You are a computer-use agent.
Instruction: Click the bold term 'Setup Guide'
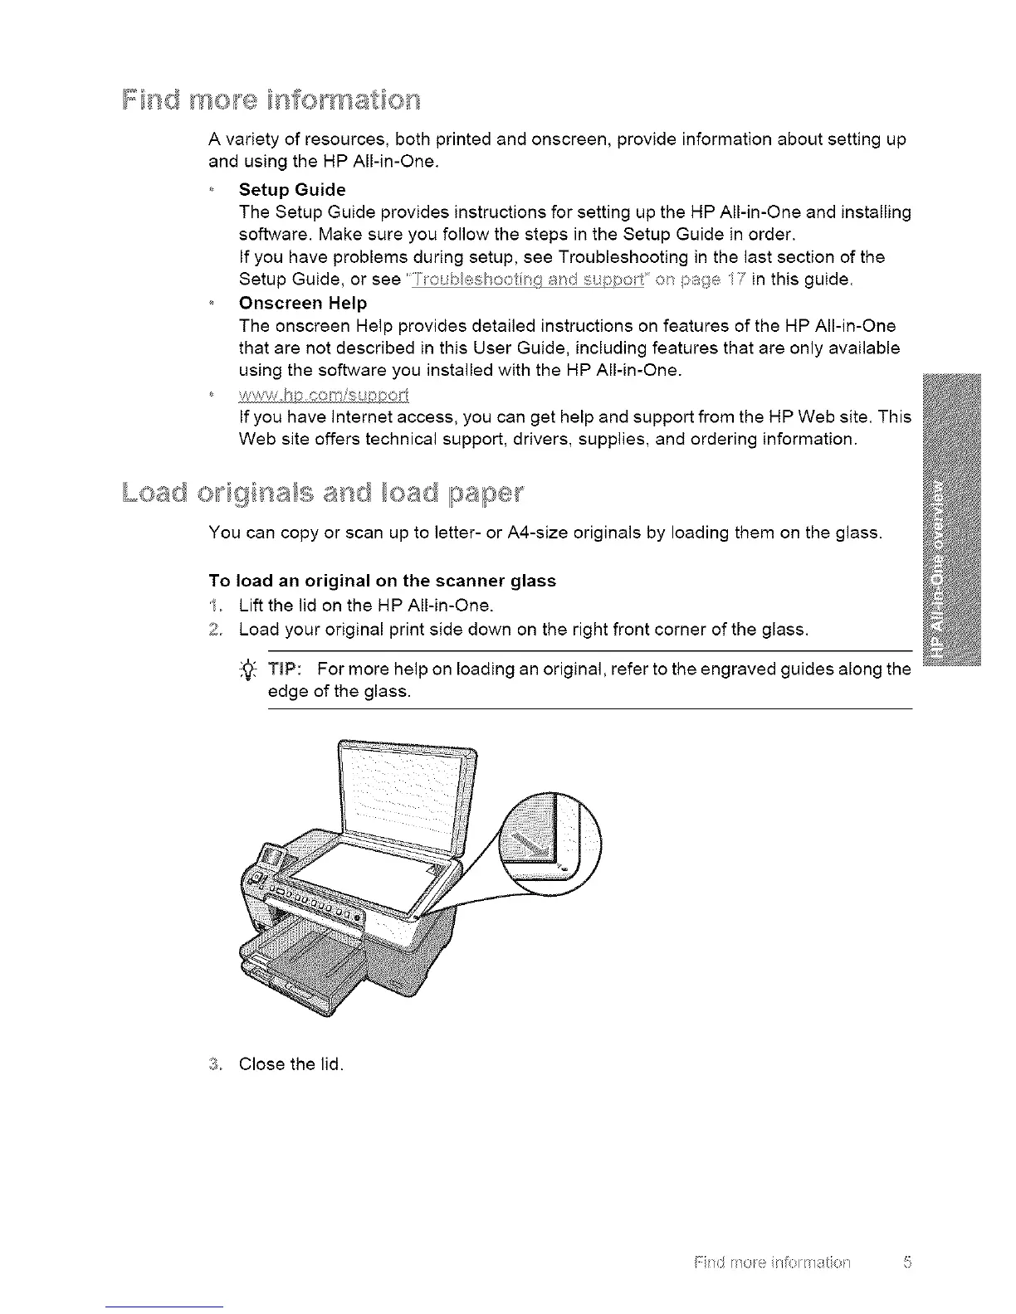pos(291,189)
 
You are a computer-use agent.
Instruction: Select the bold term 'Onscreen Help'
pos(302,303)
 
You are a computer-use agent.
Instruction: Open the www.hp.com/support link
pos(324,393)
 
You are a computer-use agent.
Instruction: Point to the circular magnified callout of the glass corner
pos(551,845)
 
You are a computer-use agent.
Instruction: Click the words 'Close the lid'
pos(291,1063)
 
